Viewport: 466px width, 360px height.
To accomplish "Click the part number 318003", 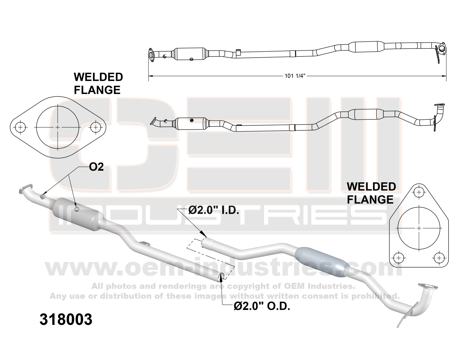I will coord(66,319).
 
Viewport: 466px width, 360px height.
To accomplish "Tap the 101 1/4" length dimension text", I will coord(295,76).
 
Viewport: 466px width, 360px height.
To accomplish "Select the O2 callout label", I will coord(96,167).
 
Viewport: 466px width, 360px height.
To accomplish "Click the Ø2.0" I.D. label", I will coord(214,210).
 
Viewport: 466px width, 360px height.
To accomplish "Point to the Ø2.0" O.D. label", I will coord(262,306).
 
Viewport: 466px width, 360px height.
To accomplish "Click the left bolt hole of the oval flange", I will coord(20,127).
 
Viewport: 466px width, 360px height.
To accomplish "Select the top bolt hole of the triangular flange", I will coord(419,193).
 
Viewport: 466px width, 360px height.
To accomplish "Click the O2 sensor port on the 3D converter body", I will coord(77,209).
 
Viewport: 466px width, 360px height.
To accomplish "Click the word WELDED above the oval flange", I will coord(98,77).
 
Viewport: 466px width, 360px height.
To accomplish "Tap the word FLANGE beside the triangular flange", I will coord(370,200).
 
